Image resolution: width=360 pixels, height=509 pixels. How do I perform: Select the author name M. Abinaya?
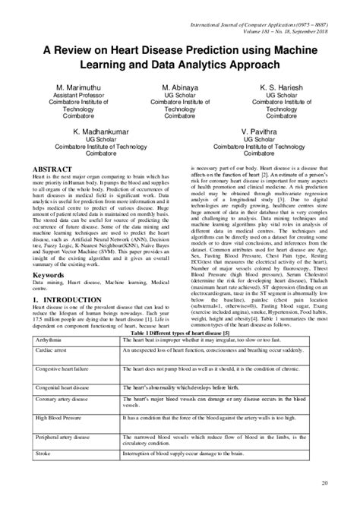pos(179,88)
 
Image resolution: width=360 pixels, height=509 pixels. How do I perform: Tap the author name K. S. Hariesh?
pos(287,88)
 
